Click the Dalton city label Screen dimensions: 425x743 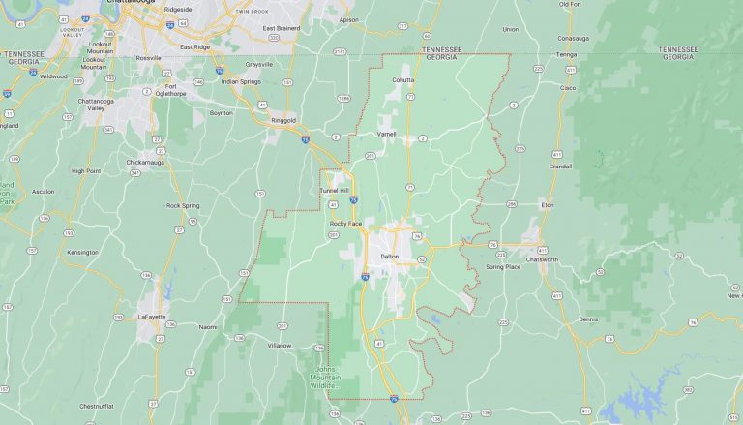389,257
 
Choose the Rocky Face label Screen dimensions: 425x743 345,224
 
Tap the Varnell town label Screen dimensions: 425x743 386,134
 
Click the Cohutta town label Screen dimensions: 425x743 402,79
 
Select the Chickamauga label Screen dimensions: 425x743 148,162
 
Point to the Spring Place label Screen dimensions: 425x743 503,266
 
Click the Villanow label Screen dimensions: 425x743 280,345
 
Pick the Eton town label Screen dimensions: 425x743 547,205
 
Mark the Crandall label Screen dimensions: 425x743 559,166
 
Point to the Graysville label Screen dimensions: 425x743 259,64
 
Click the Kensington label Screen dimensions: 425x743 82,252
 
